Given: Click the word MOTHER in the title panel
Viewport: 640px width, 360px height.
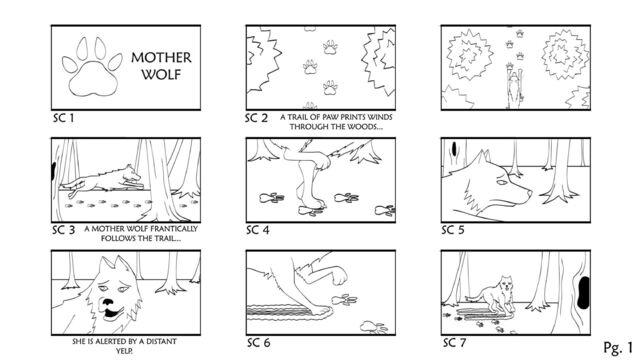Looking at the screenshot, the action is [161, 58].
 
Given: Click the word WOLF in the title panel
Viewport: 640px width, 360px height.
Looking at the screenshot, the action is [161, 74].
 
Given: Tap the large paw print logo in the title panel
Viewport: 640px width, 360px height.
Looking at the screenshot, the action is [92, 68].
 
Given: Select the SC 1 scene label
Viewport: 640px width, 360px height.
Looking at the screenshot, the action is [63, 118].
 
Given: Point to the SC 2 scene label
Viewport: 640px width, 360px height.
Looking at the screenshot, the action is [256, 118].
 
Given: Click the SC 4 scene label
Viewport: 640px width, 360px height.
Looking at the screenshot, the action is [258, 230].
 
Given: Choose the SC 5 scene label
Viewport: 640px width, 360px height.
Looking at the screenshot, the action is [453, 230].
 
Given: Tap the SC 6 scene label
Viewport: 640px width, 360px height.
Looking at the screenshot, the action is [258, 342].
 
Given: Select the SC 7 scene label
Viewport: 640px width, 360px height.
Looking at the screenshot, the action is [454, 342].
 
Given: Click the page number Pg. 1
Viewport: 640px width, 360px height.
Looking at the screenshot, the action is [618, 347].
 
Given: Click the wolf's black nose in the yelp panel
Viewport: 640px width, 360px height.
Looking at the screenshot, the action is [108, 302].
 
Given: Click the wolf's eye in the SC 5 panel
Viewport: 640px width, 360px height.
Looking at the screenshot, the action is [502, 182].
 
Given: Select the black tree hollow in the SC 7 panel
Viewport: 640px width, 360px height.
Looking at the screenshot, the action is [584, 292].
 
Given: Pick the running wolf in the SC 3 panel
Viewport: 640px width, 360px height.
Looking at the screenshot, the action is [102, 180].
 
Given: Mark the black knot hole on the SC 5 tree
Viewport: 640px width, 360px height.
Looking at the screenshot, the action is [454, 149].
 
